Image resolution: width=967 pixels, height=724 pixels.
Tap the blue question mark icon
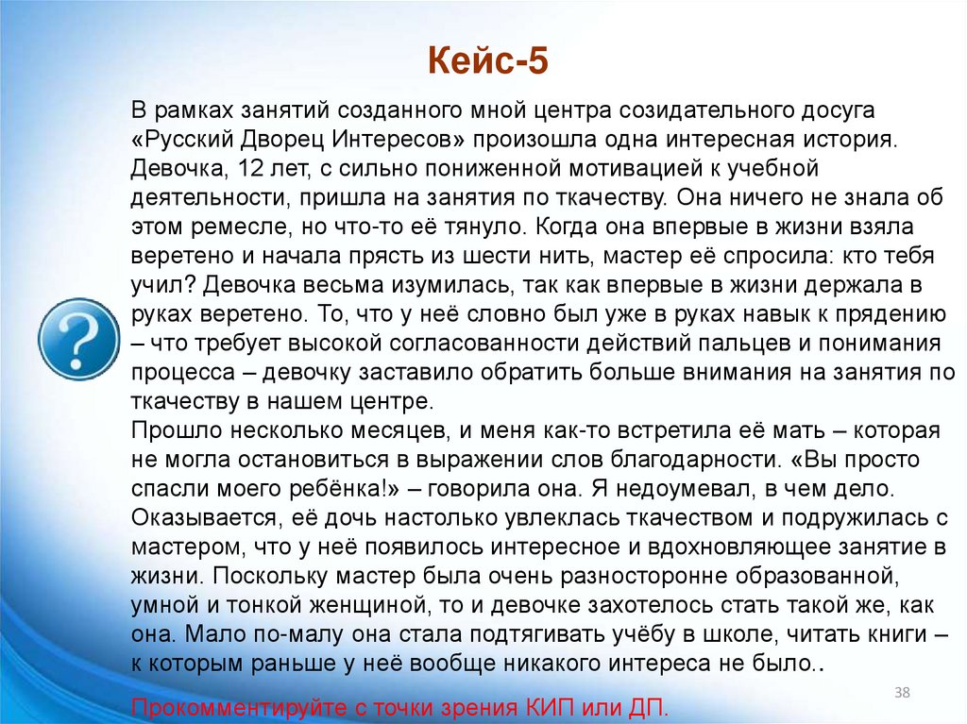pos(78,339)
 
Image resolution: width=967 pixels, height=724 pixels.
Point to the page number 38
pos(902,695)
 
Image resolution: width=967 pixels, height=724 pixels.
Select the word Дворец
pos(278,141)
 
